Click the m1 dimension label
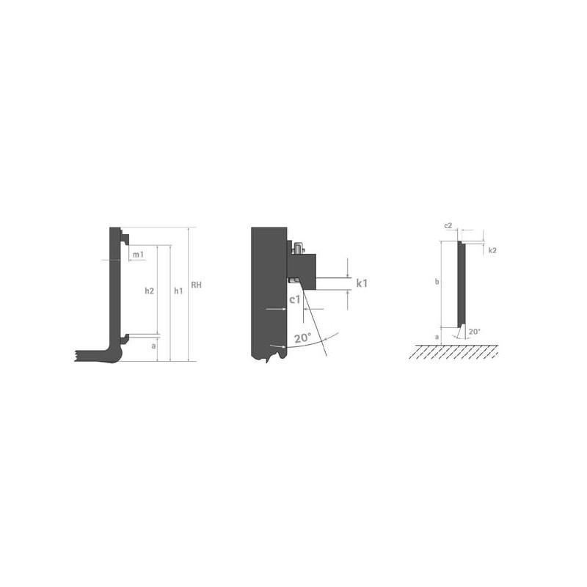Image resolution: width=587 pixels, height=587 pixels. (138, 255)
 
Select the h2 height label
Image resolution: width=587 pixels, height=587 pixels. (150, 291)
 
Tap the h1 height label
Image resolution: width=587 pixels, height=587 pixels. (178, 291)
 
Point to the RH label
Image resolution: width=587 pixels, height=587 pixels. (196, 285)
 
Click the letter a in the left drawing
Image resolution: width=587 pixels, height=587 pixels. (153, 346)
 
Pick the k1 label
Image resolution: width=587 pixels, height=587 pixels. (362, 283)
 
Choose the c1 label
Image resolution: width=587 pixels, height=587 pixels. (295, 299)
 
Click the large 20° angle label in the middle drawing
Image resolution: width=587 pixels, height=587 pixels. (302, 338)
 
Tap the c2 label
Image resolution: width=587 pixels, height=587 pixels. (448, 226)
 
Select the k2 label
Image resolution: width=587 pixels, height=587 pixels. (492, 250)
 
